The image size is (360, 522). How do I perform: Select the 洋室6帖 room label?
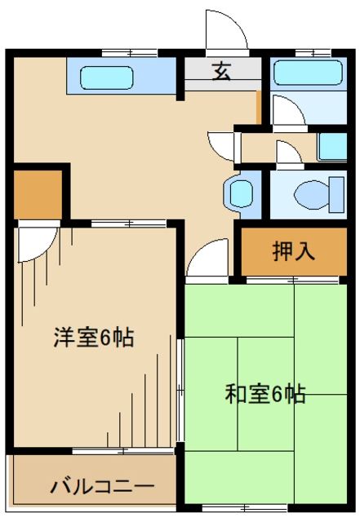[x=94, y=337]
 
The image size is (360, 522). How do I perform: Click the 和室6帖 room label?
[x=266, y=394]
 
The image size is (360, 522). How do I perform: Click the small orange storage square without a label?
[x=38, y=193]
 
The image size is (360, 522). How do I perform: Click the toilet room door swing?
[x=287, y=153]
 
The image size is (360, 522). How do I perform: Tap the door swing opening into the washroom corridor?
[x=222, y=145]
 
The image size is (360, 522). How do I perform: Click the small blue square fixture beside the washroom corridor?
[x=332, y=146]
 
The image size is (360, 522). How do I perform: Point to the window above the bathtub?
[x=313, y=53]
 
